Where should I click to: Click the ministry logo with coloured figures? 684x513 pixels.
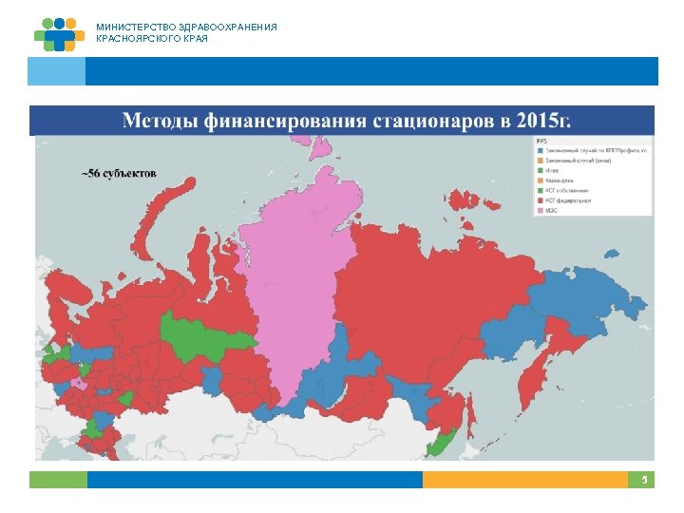[59, 35]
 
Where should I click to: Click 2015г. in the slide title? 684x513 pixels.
[544, 121]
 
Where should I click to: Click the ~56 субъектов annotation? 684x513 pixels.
[119, 174]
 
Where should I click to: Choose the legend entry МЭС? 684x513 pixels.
[552, 211]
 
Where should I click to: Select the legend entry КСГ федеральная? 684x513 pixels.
[567, 200]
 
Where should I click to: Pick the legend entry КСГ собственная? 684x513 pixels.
[567, 191]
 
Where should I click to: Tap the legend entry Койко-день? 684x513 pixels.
[560, 180]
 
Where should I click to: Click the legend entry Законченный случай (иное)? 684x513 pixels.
[575, 161]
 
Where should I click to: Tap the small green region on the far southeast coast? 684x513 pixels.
[441, 442]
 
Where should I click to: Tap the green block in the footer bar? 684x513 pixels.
[58, 480]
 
